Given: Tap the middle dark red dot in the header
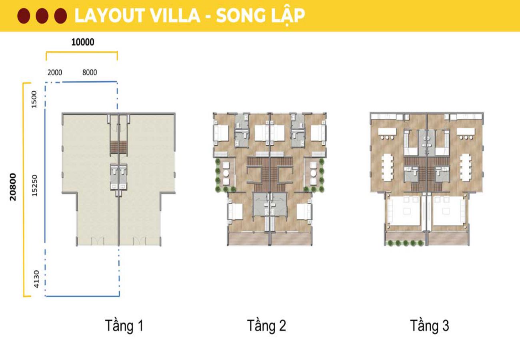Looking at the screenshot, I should [x=42, y=16].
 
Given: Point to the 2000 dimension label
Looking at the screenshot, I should [x=55, y=72].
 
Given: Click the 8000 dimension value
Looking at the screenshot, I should [x=90, y=72].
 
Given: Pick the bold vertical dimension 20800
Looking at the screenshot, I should [x=13, y=186].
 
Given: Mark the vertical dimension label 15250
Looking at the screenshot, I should [x=35, y=185].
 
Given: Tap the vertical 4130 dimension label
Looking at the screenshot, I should [x=36, y=279].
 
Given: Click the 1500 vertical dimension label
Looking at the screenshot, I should [x=34, y=99].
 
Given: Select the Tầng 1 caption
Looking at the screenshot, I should [x=124, y=326].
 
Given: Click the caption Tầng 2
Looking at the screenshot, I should [x=266, y=326].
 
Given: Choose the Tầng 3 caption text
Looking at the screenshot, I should [x=429, y=326].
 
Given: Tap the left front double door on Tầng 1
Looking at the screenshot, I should [x=98, y=241].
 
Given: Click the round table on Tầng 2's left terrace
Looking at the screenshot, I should [x=226, y=174].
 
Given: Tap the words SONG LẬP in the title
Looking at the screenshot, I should [x=260, y=16].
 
